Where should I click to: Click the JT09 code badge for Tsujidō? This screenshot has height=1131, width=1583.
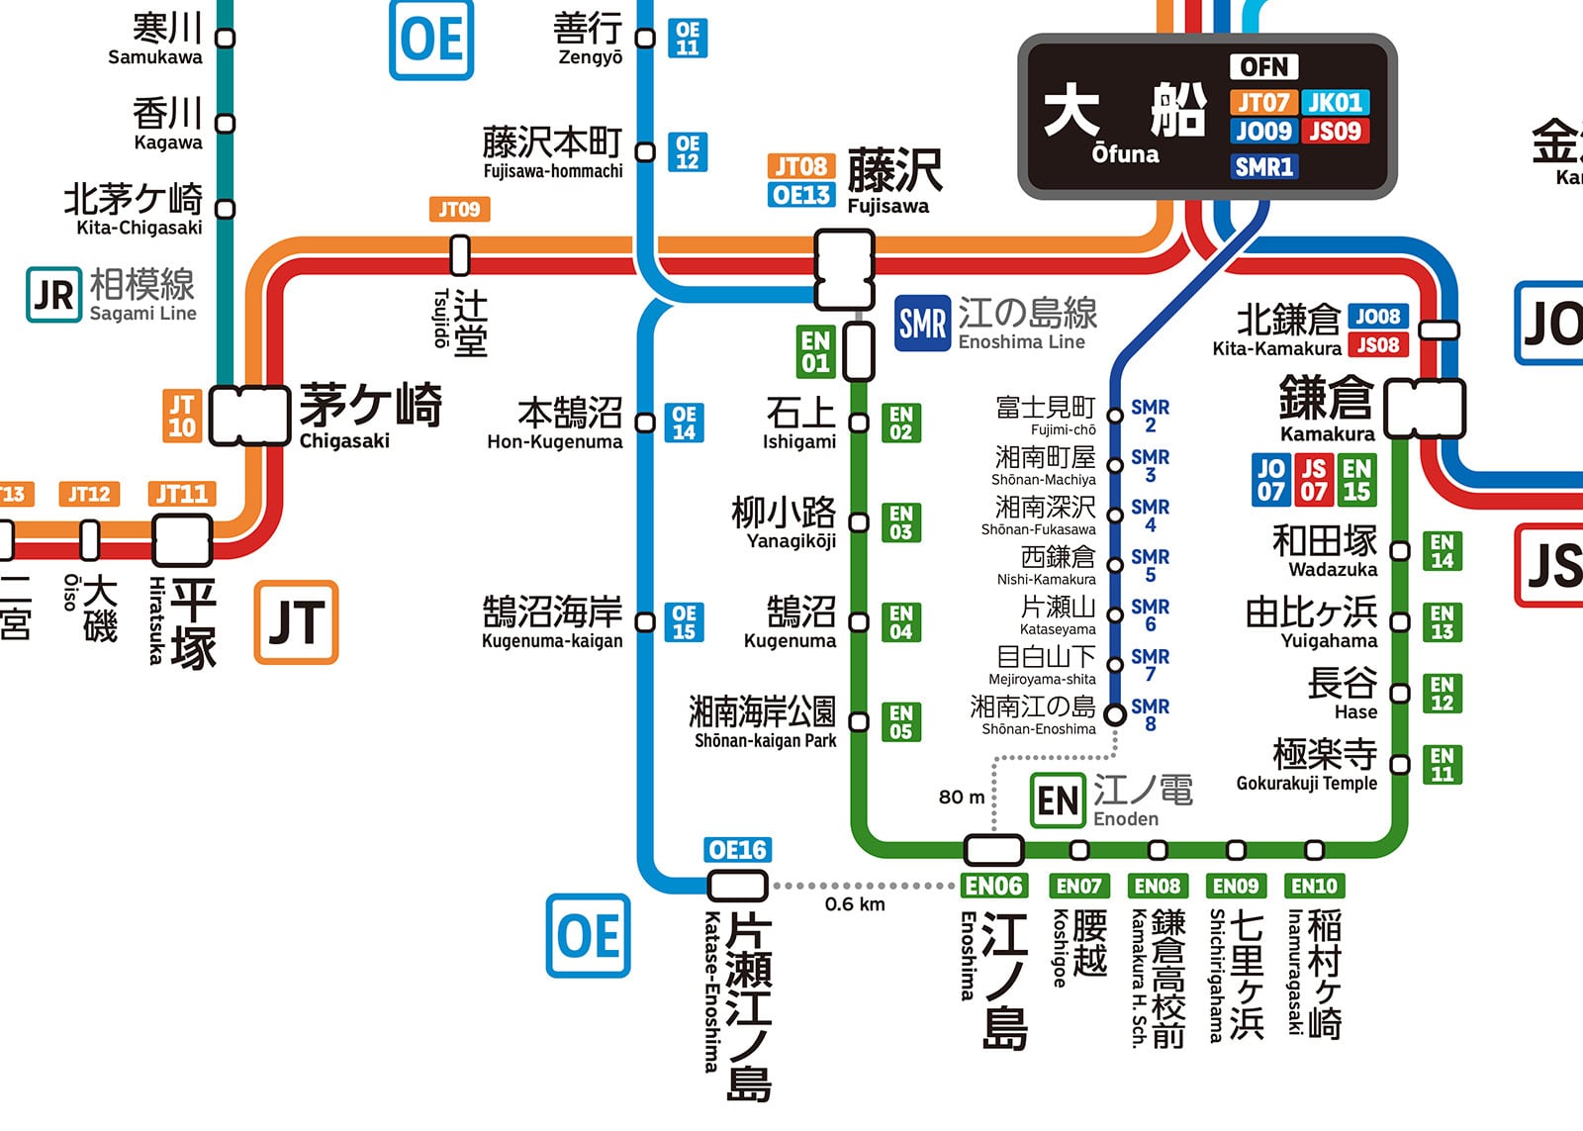[x=459, y=209]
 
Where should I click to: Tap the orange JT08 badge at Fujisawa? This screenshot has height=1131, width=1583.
[x=800, y=166]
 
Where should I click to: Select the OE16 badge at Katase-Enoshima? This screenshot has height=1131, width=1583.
[x=738, y=850]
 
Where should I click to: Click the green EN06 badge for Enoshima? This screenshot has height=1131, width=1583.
[x=993, y=886]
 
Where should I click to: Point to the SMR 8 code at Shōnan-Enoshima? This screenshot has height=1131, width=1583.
[x=1150, y=714]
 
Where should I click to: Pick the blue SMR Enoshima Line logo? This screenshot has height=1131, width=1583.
[x=922, y=323]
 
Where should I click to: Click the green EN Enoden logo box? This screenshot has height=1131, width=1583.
[x=1058, y=801]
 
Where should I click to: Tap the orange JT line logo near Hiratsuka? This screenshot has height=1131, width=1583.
[x=296, y=622]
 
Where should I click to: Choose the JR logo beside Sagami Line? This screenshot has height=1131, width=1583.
[x=53, y=295]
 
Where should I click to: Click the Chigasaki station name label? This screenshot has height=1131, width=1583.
[x=370, y=416]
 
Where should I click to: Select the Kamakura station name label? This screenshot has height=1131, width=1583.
[x=1326, y=409]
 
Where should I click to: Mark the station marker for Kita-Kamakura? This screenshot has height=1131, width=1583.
[x=1440, y=330]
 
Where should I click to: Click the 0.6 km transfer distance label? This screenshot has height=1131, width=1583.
[x=855, y=904]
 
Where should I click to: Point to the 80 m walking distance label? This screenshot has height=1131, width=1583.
[x=962, y=797]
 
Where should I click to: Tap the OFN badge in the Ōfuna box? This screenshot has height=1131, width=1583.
[x=1263, y=66]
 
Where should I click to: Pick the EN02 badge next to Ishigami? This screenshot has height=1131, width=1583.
[x=900, y=423]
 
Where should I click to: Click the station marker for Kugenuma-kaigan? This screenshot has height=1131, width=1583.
[x=645, y=622]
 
